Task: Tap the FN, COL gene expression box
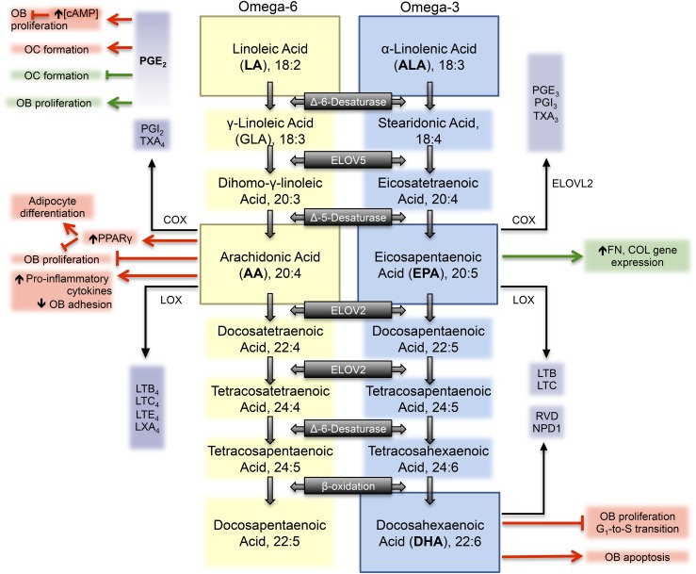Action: [638, 256]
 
